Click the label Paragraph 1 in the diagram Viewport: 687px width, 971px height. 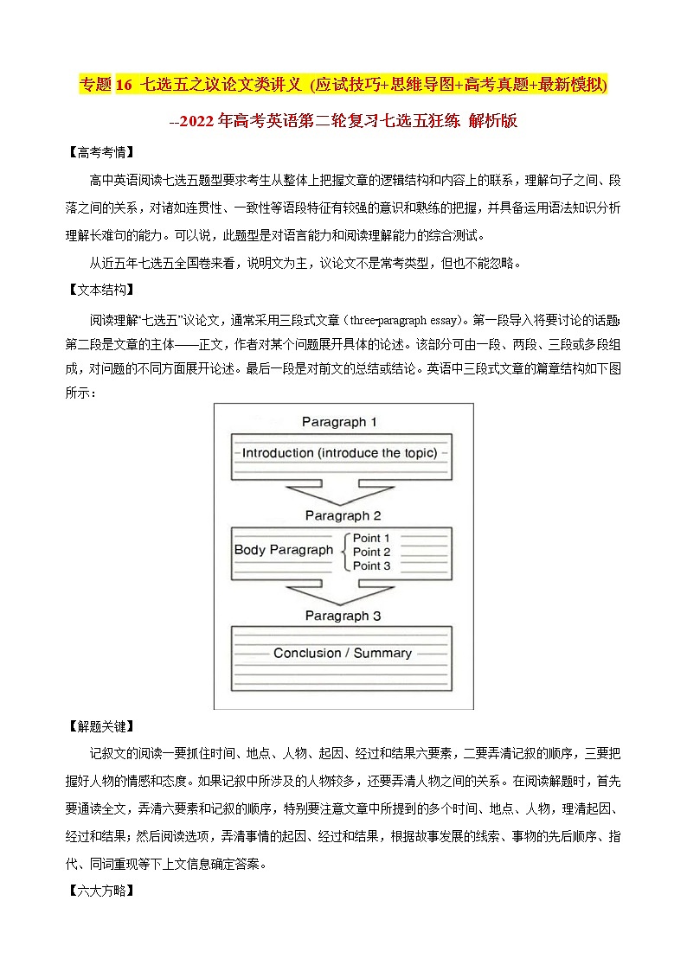339,422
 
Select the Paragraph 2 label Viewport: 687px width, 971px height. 343,515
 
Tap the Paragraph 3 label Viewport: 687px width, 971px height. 343,616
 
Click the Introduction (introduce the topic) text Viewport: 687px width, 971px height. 339,453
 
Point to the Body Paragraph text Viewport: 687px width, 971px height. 284,550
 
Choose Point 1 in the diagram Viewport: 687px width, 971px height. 371,538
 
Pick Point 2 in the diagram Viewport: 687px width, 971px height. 371,552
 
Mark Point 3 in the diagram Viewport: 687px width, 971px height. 371,565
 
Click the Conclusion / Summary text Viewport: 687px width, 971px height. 343,653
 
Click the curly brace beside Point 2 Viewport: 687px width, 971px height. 344,552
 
